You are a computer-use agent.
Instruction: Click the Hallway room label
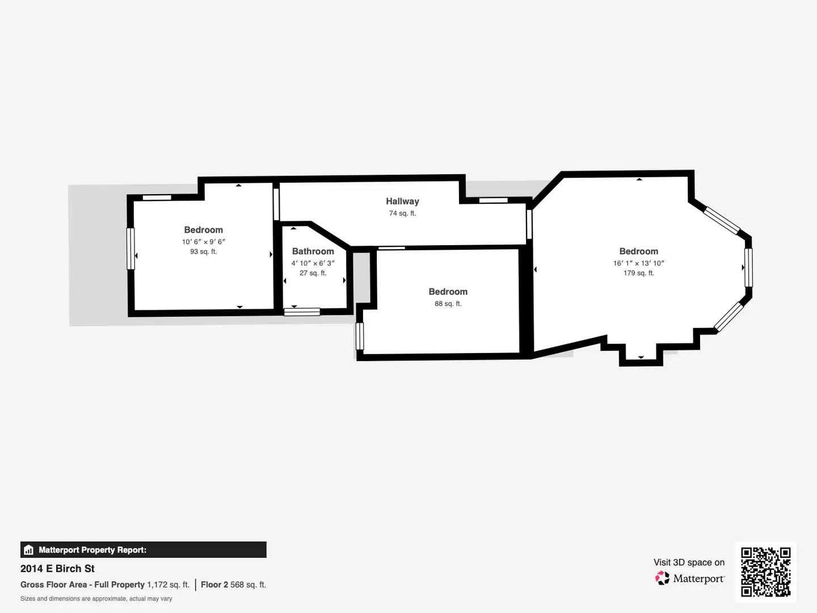[402, 201]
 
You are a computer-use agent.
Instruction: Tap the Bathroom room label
[313, 251]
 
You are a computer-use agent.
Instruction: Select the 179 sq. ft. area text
[638, 273]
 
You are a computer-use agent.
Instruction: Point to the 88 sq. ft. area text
[448, 304]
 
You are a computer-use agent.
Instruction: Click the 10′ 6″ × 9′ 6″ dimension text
[203, 242]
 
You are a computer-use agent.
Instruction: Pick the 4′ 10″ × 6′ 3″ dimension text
[313, 263]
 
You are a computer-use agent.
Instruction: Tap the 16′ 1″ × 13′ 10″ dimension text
[638, 263]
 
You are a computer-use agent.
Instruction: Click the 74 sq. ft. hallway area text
[402, 213]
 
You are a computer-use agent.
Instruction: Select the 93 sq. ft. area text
[203, 251]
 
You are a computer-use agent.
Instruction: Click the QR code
[765, 572]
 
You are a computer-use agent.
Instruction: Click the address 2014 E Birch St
[57, 569]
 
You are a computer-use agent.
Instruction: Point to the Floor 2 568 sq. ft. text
[233, 585]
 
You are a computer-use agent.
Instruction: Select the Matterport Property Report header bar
[143, 549]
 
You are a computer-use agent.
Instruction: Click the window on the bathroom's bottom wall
[302, 312]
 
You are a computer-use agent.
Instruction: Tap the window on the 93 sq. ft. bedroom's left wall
[130, 249]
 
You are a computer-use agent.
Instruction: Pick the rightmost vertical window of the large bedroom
[748, 267]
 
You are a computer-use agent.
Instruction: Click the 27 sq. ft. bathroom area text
[313, 273]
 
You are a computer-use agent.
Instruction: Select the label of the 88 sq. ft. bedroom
[448, 292]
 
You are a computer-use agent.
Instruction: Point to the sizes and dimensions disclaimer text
[96, 599]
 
